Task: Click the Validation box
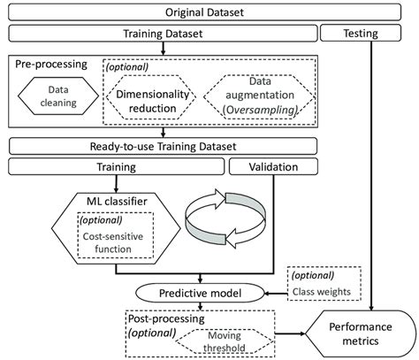264,165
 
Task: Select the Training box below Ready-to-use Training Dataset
114,165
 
